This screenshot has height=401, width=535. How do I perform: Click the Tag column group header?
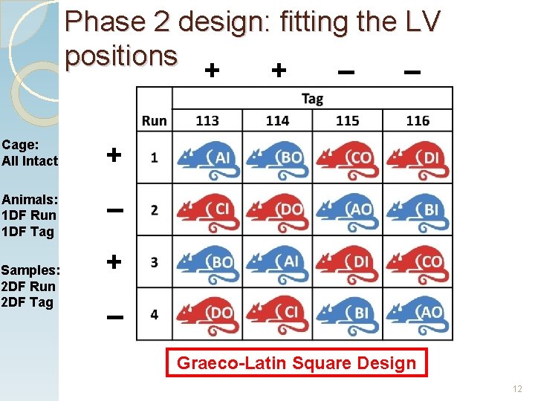pyautogui.click(x=312, y=99)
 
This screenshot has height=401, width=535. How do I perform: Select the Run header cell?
pyautogui.click(x=154, y=120)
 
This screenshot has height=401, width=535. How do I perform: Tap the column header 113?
pyautogui.click(x=207, y=120)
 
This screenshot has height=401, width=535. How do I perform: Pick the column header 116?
pyautogui.click(x=418, y=120)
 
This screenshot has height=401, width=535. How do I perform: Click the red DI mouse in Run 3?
pyautogui.click(x=347, y=263)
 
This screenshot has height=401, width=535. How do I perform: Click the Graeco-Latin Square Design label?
pyautogui.click(x=296, y=363)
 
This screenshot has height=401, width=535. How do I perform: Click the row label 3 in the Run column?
pyautogui.click(x=154, y=263)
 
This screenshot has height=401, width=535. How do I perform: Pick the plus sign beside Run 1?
pyautogui.click(x=114, y=155)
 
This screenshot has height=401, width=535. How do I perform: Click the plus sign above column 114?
pyautogui.click(x=278, y=71)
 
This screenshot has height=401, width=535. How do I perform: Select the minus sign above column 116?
pyautogui.click(x=412, y=72)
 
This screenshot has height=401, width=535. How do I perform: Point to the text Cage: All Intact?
pyautogui.click(x=30, y=152)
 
